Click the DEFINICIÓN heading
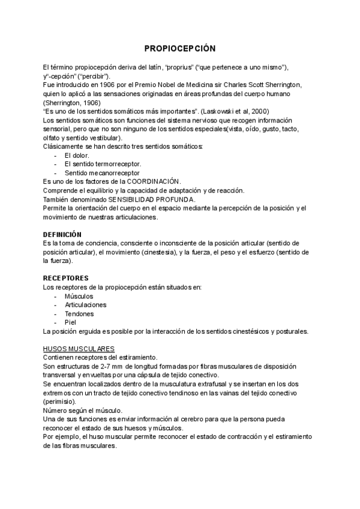pos(62,234)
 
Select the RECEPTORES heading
pos(66,278)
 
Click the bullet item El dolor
pos(76,155)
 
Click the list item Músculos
pos(79,296)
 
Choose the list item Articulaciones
pos(85,304)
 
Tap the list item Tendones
pos(79,313)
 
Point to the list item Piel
pos(70,322)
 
